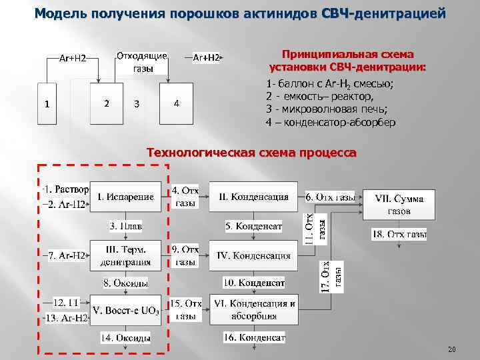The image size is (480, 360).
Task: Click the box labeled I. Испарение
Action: click(125, 197)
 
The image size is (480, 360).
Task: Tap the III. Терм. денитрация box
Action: click(125, 255)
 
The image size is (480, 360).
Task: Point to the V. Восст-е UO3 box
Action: click(125, 310)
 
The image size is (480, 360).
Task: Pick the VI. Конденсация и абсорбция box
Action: click(253, 310)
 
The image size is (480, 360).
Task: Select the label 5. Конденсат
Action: click(253, 227)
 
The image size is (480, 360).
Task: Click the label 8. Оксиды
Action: click(125, 283)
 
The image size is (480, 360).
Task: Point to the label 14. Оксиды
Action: click(125, 338)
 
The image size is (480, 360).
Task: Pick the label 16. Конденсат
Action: click(254, 338)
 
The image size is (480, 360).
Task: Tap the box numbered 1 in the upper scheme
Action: click(46, 104)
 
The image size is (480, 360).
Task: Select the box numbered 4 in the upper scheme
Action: click(176, 104)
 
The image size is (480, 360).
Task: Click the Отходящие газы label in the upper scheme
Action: click(141, 62)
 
